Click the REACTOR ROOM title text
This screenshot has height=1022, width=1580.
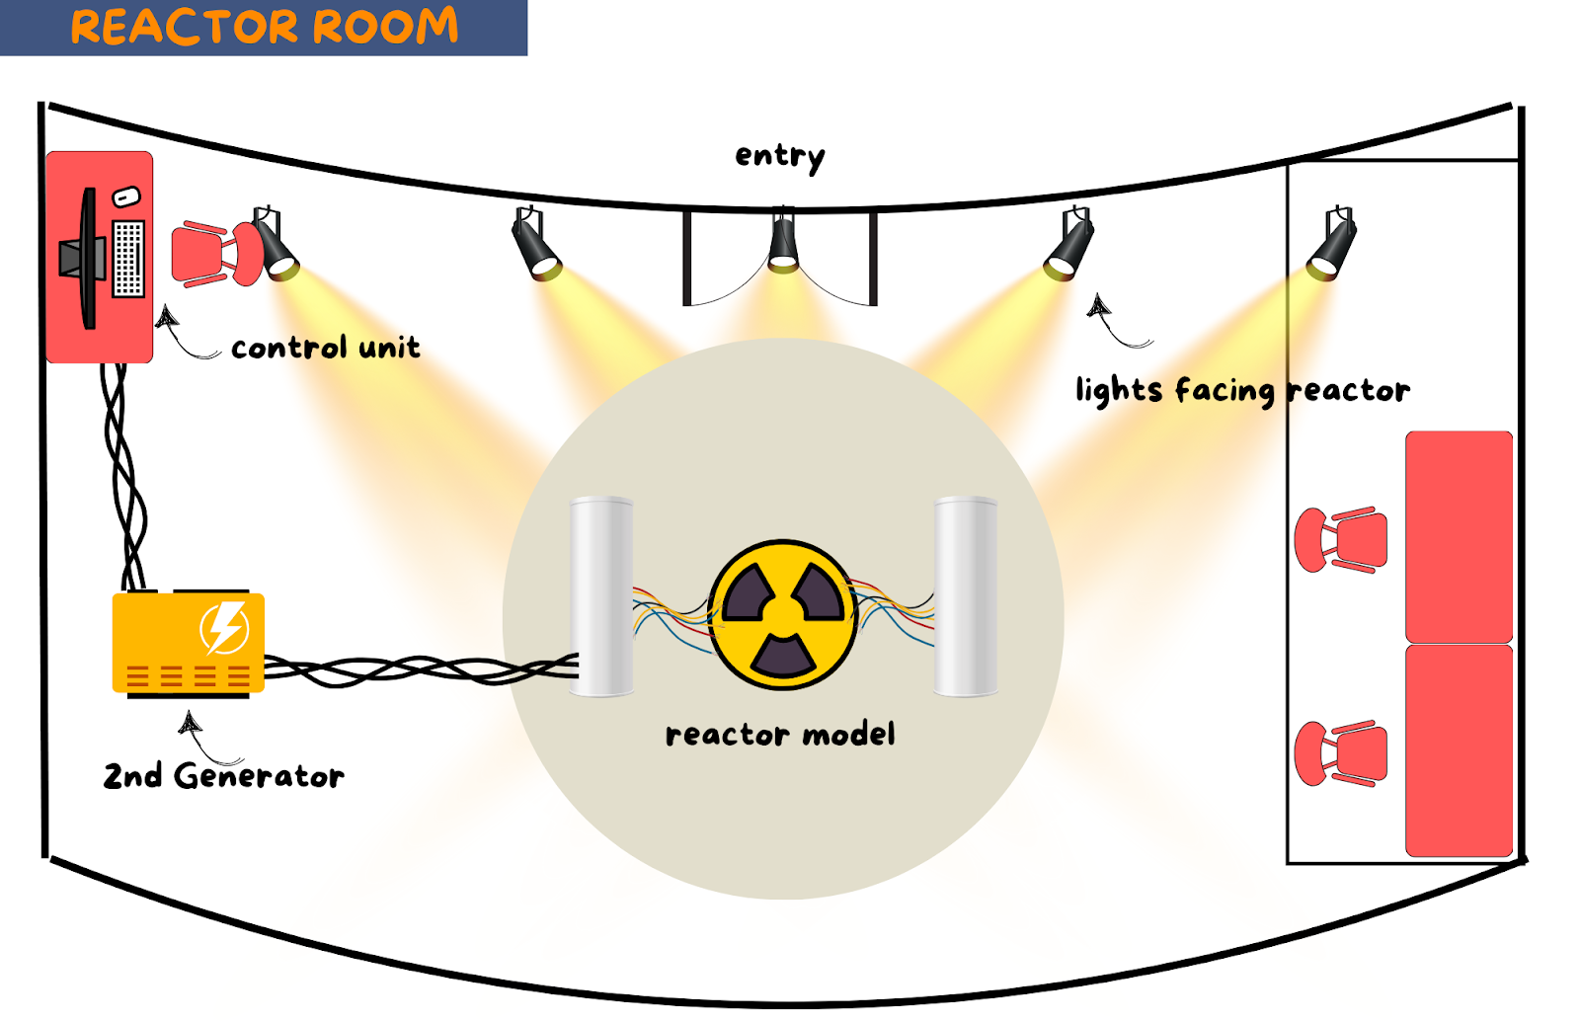(x=265, y=26)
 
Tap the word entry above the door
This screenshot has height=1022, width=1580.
(x=779, y=157)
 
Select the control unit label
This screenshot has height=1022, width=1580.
(x=325, y=347)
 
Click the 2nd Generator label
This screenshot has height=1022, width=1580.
(x=223, y=775)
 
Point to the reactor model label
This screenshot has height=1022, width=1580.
(x=780, y=735)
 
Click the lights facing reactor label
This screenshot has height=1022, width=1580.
(x=1243, y=391)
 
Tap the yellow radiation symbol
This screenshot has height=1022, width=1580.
(x=783, y=615)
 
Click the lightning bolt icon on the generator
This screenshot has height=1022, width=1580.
(x=225, y=627)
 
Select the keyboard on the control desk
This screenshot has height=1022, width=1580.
(x=128, y=258)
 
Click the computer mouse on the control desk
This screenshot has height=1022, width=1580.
(x=126, y=197)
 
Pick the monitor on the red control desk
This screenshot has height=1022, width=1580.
(x=84, y=258)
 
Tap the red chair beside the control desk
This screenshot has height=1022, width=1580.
(x=216, y=254)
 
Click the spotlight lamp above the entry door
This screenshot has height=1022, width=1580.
(x=783, y=240)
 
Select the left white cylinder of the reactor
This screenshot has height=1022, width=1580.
(x=601, y=596)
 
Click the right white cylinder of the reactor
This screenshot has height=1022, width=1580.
(x=966, y=596)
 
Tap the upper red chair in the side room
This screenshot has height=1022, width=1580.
(x=1341, y=539)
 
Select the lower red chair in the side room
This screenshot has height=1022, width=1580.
(x=1341, y=753)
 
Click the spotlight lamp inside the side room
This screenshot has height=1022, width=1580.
(x=1332, y=243)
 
